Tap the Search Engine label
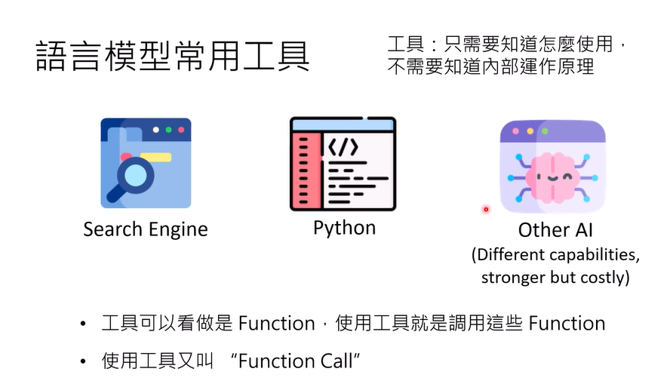[146, 228]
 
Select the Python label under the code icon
[344, 227]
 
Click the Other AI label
[555, 229]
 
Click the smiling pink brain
[553, 177]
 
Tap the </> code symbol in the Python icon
[341, 145]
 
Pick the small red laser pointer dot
[486, 209]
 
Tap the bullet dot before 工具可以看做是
[83, 325]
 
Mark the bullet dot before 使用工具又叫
[83, 362]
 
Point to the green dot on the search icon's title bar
[168, 130]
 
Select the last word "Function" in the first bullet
[567, 324]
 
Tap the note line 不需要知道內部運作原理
[490, 67]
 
